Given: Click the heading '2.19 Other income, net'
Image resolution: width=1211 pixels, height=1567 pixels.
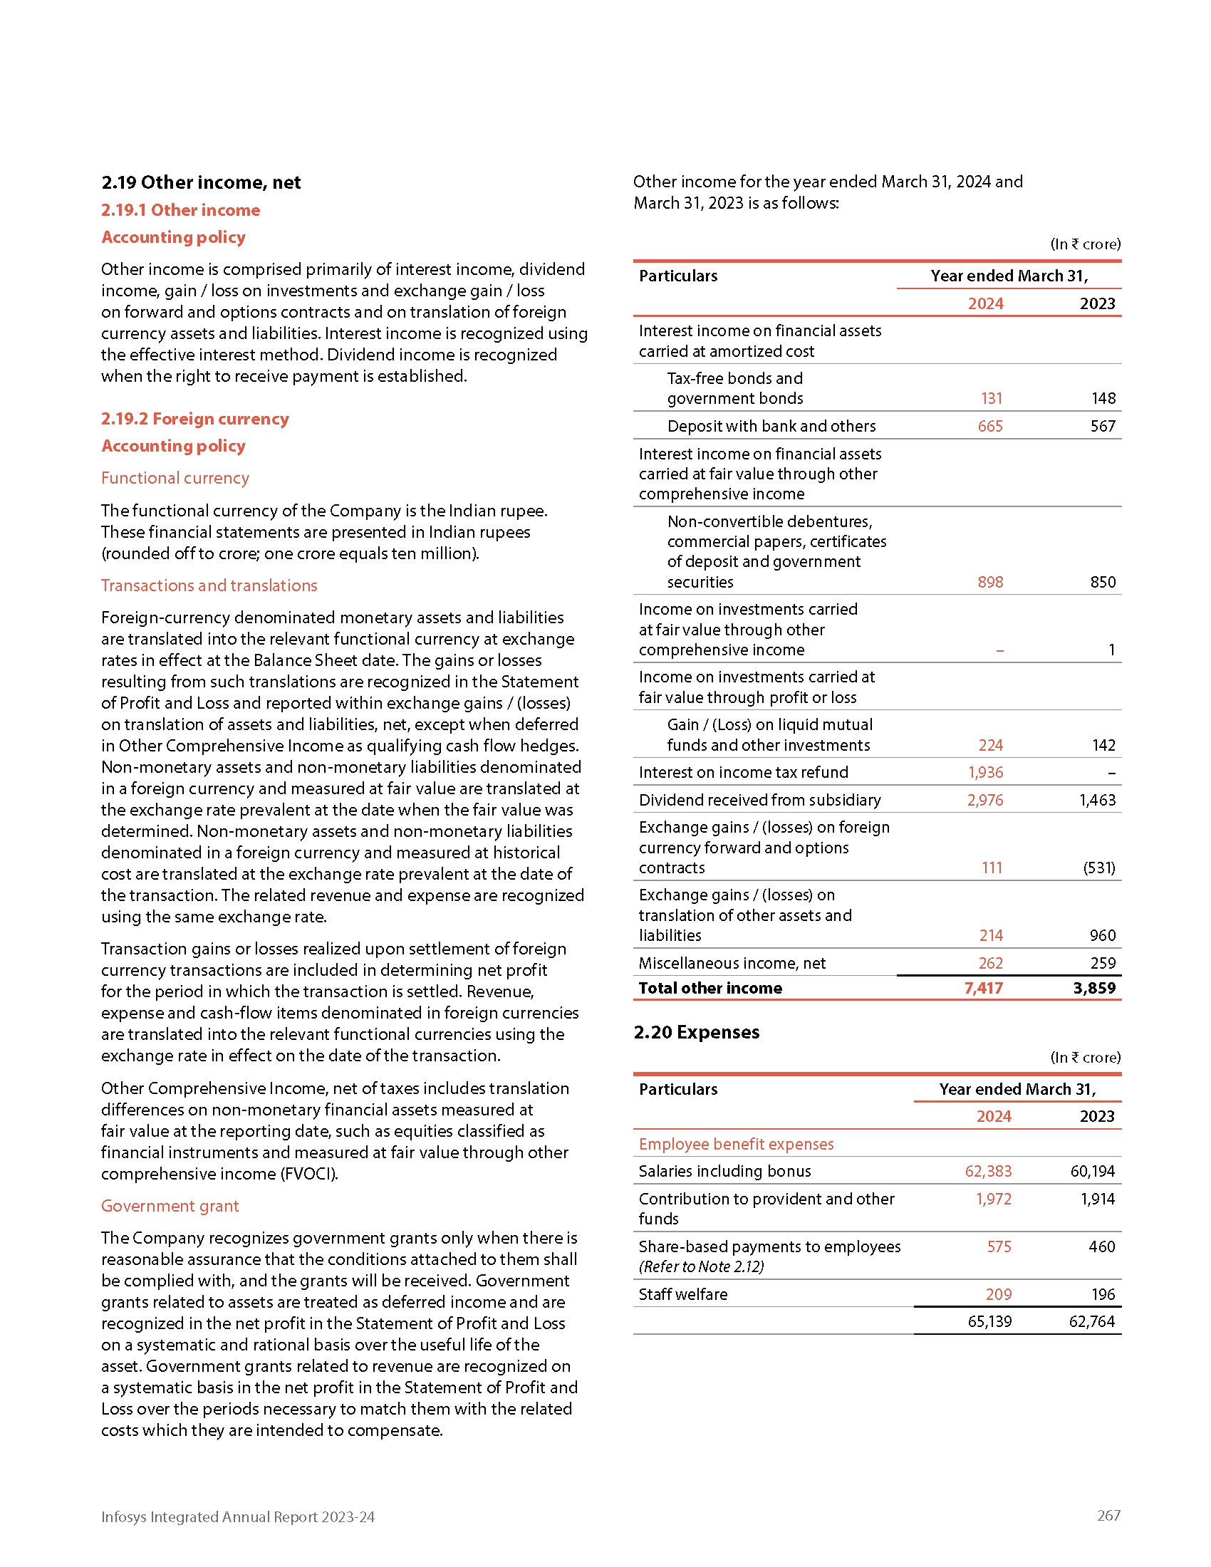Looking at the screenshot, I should pyautogui.click(x=201, y=182).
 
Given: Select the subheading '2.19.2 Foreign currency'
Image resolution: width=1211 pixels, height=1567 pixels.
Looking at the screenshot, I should pyautogui.click(x=194, y=418).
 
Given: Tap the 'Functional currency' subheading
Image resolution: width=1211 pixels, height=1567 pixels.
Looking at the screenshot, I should pyautogui.click(x=175, y=478).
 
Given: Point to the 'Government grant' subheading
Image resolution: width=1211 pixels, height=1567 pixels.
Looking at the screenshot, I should pyautogui.click(x=170, y=1205).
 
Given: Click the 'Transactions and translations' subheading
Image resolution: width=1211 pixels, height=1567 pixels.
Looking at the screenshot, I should pyautogui.click(x=209, y=585).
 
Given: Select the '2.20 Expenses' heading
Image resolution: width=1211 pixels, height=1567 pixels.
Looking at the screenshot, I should pyautogui.click(x=696, y=1032).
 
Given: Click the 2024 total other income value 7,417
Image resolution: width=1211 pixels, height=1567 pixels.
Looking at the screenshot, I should pyautogui.click(x=983, y=988).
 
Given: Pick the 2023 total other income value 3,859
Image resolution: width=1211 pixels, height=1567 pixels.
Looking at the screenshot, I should pyautogui.click(x=1094, y=988).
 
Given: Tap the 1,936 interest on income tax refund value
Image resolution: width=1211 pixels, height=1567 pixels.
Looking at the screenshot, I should pyautogui.click(x=985, y=772).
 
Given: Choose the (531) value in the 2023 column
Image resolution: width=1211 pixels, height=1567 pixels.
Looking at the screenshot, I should pyautogui.click(x=1099, y=868).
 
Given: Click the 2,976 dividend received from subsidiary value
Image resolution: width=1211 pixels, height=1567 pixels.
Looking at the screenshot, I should pyautogui.click(x=985, y=800).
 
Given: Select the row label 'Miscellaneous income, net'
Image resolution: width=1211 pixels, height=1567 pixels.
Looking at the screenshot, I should pyautogui.click(x=732, y=963).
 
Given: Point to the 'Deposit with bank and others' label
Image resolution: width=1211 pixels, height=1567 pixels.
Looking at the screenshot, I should pyautogui.click(x=771, y=426).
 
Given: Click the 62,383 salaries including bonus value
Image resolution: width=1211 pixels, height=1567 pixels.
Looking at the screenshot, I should pyautogui.click(x=988, y=1171).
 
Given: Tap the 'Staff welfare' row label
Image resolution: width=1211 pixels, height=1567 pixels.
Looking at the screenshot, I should pyautogui.click(x=683, y=1294).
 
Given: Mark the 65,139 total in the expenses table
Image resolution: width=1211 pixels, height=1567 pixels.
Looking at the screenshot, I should pyautogui.click(x=989, y=1321).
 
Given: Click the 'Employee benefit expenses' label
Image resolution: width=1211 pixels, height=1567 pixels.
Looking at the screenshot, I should pyautogui.click(x=736, y=1144).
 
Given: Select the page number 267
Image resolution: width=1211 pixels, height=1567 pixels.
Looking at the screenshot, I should pyautogui.click(x=1108, y=1515).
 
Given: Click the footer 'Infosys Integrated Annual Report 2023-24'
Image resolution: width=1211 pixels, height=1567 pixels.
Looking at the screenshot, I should pyautogui.click(x=237, y=1516).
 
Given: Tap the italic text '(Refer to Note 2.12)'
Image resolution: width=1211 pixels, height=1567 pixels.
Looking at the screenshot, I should pyautogui.click(x=701, y=1266).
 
